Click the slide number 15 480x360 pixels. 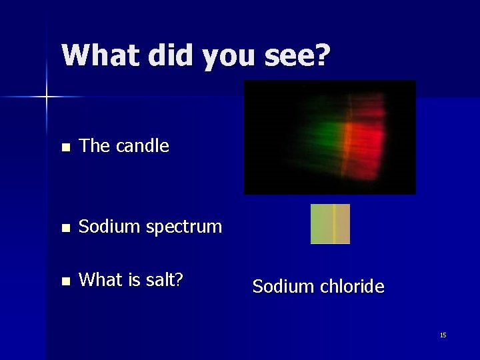tap(443, 335)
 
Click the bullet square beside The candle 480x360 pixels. tap(64, 147)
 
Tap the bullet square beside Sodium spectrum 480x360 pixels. tap(64, 228)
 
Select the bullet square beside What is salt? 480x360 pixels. tap(64, 281)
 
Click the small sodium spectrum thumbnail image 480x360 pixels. tap(330, 224)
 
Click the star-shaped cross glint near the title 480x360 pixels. tap(47, 97)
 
